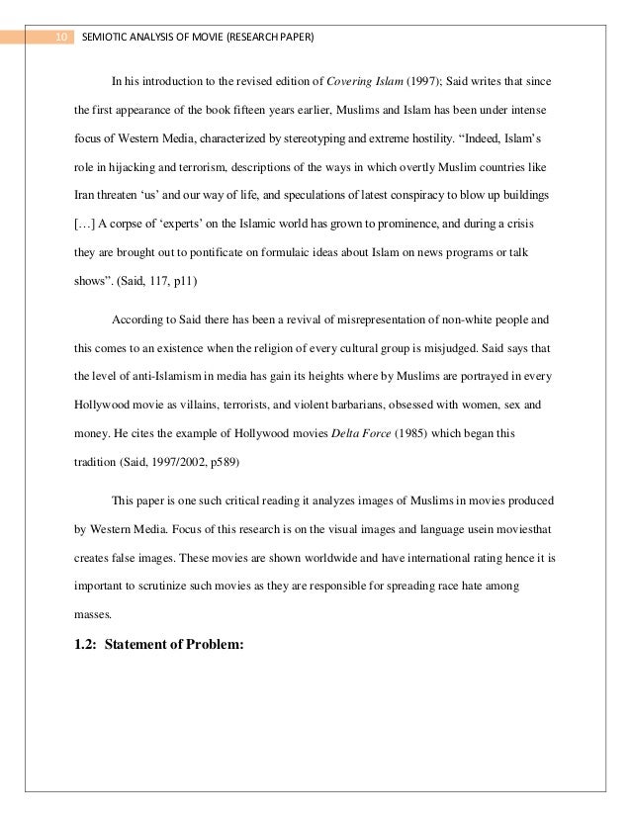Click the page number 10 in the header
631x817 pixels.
click(61, 38)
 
